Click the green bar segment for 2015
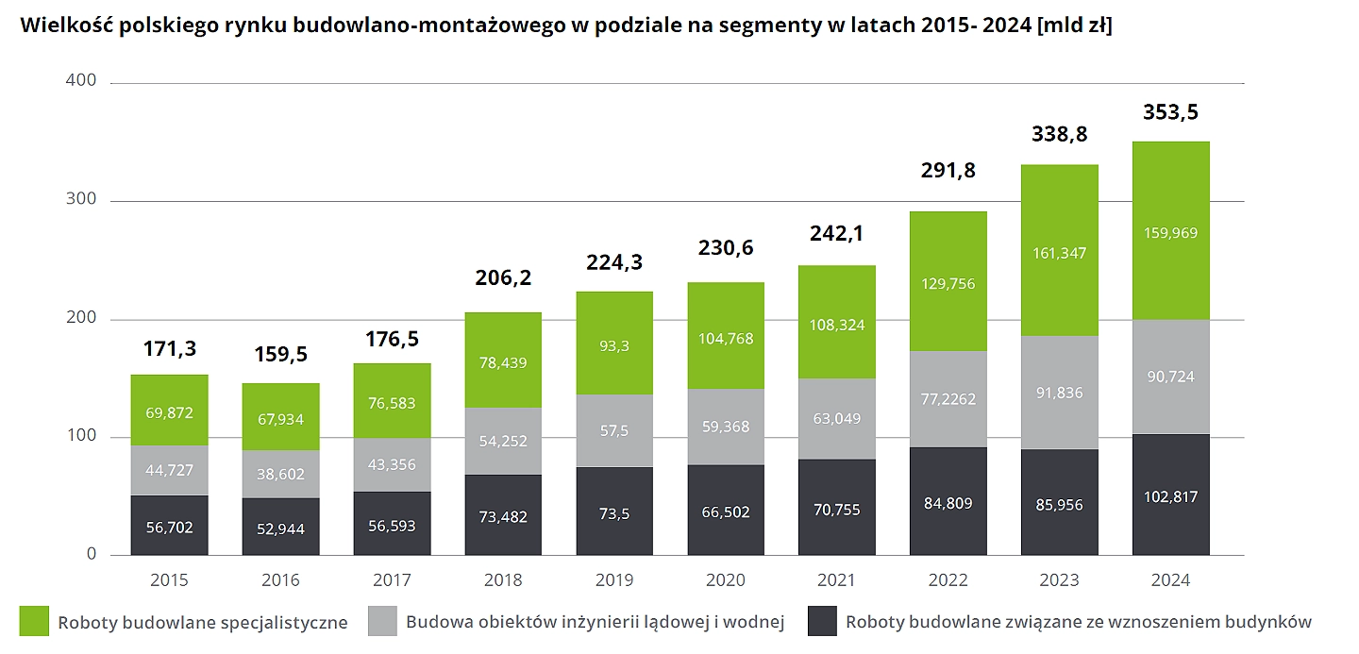(x=169, y=410)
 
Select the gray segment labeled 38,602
(x=280, y=474)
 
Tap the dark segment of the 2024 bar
(x=1171, y=495)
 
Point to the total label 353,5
(x=1171, y=112)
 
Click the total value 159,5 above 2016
(x=280, y=355)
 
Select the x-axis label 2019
(x=614, y=579)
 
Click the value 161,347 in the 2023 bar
(x=1060, y=253)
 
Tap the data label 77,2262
(x=948, y=398)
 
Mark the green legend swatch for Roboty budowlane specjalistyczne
(x=34, y=621)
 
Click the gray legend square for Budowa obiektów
(x=382, y=621)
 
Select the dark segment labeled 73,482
(x=503, y=516)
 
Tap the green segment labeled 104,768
(x=726, y=338)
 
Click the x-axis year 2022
(x=948, y=579)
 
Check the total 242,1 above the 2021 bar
(x=837, y=233)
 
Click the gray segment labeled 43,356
(x=392, y=464)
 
